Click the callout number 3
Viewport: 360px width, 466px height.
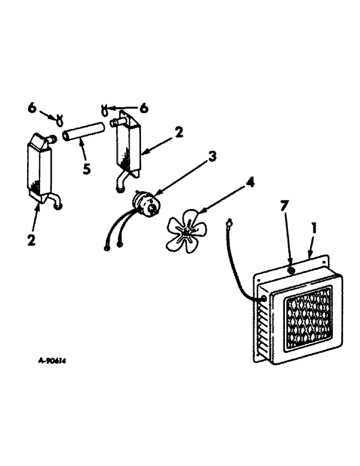point(212,157)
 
